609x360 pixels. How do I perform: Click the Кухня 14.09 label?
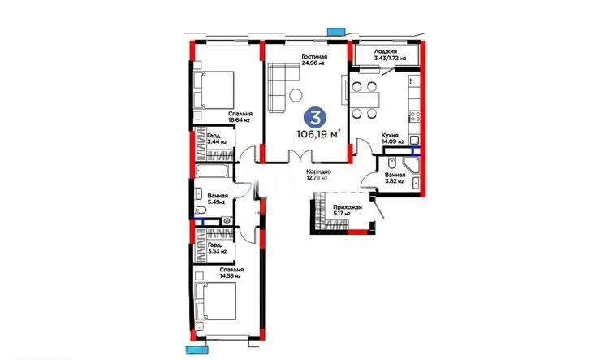[x=393, y=138]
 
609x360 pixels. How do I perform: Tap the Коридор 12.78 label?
[x=317, y=176]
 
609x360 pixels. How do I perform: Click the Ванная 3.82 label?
[x=395, y=178]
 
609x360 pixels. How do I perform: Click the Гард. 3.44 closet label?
[x=216, y=139]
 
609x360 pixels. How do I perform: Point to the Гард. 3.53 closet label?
[x=216, y=248]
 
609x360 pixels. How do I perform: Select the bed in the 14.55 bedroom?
[x=215, y=306]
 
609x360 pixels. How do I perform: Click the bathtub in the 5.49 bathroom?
[x=213, y=173]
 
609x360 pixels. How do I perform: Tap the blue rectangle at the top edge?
[x=334, y=31]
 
